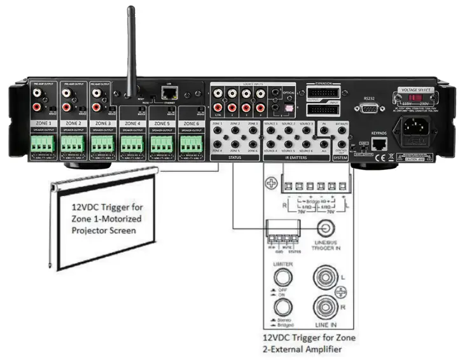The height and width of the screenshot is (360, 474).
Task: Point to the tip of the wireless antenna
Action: (x=131, y=10)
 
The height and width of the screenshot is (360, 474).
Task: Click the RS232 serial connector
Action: (x=368, y=109)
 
